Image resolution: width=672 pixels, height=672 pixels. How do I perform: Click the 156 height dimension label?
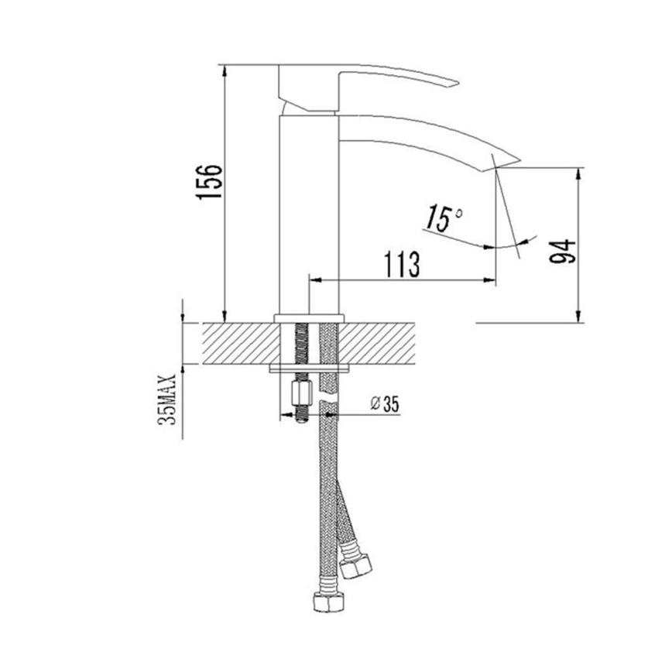click(x=209, y=182)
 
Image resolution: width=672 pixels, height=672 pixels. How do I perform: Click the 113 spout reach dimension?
click(x=400, y=264)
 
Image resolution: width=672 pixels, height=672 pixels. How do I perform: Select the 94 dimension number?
click(x=564, y=252)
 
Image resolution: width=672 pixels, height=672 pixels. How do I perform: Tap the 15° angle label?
click(x=442, y=219)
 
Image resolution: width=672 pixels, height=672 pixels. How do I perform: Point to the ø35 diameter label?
click(x=384, y=403)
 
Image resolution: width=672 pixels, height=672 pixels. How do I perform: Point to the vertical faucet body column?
click(x=308, y=209)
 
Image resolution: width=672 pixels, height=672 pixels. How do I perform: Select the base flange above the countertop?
click(x=308, y=317)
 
